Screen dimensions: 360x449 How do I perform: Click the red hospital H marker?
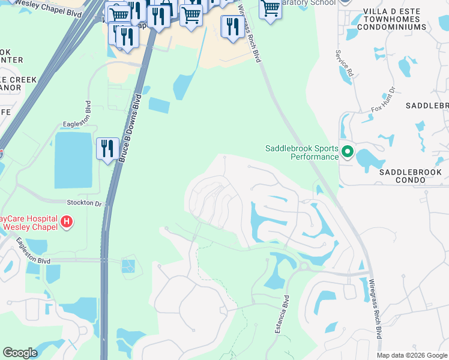pos(67,222)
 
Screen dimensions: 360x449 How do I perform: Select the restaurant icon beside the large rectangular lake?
pos(107,149)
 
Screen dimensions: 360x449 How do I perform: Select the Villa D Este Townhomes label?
pos(401,17)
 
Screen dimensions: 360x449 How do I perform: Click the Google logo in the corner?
pos(20,353)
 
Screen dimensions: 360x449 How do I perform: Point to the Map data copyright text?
pos(412,355)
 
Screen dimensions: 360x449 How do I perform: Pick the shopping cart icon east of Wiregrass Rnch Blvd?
pos(271,9)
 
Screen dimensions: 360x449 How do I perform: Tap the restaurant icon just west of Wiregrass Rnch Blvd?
pos(231,27)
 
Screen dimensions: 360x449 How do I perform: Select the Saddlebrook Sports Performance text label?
pos(302,152)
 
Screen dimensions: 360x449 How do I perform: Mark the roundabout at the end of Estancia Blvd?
pos(303,266)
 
